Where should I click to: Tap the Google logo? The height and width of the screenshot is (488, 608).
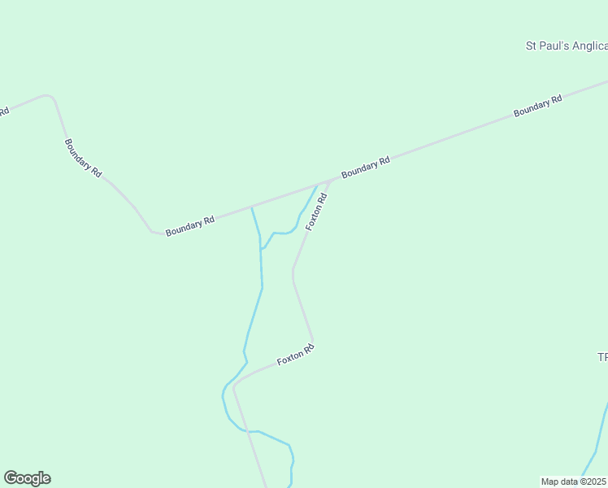27,478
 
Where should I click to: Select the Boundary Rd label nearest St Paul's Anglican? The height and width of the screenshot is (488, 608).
537,107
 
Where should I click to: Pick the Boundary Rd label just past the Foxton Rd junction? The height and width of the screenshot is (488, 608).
366,168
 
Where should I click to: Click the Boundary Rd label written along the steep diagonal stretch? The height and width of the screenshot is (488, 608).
83,158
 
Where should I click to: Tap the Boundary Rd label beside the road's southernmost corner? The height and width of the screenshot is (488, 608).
189,226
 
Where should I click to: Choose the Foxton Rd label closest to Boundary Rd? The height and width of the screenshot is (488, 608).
316,211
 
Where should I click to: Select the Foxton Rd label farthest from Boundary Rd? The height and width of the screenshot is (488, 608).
295,355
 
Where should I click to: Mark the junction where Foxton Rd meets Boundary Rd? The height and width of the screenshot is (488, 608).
331,181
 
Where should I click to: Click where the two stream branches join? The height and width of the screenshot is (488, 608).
261,249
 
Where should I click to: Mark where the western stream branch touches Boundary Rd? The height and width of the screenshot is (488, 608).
252,207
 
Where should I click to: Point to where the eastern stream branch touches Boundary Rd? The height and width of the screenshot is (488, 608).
317,185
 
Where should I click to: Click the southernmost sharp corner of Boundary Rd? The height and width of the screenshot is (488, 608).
152,232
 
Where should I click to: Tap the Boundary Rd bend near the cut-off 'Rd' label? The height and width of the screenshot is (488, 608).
52,98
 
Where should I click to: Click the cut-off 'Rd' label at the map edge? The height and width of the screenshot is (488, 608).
4,111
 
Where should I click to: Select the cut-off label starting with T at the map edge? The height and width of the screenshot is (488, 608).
602,357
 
